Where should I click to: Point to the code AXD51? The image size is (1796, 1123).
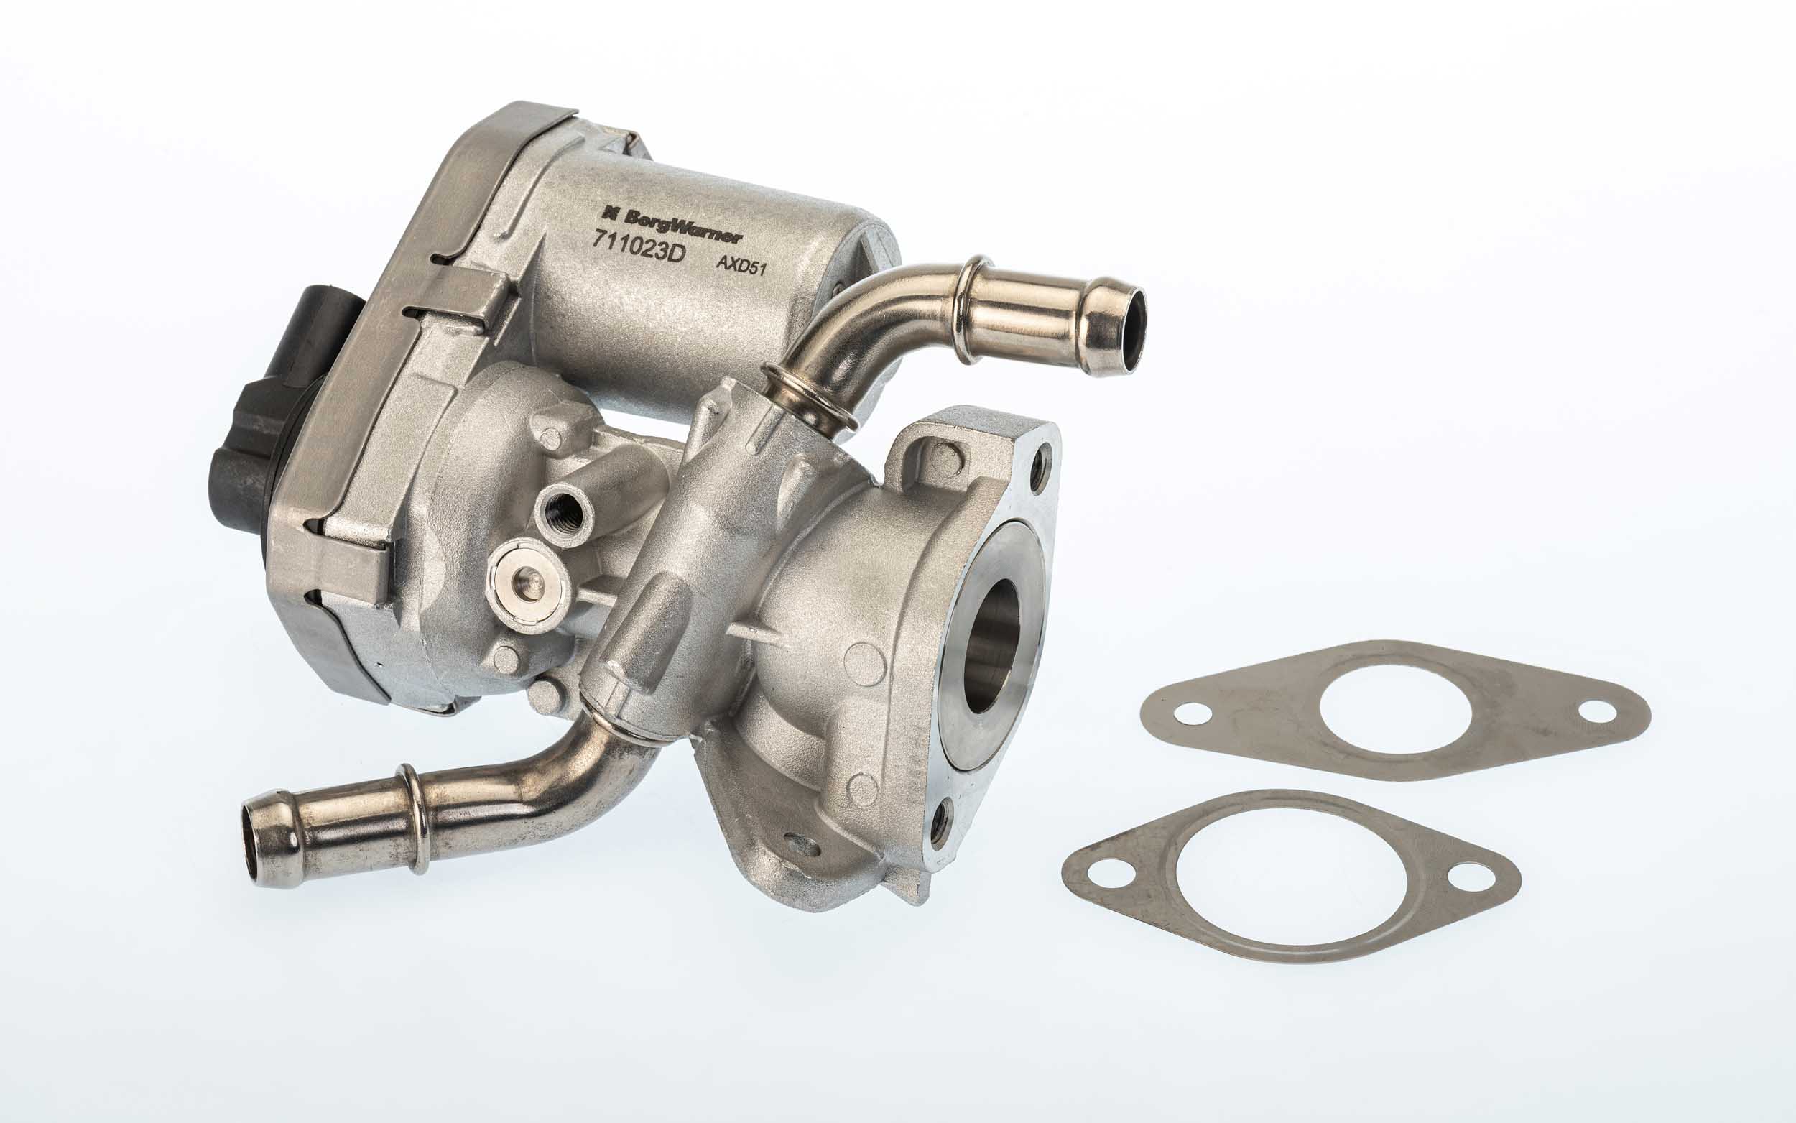(740, 266)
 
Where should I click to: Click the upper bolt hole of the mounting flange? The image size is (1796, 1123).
(1045, 456)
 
